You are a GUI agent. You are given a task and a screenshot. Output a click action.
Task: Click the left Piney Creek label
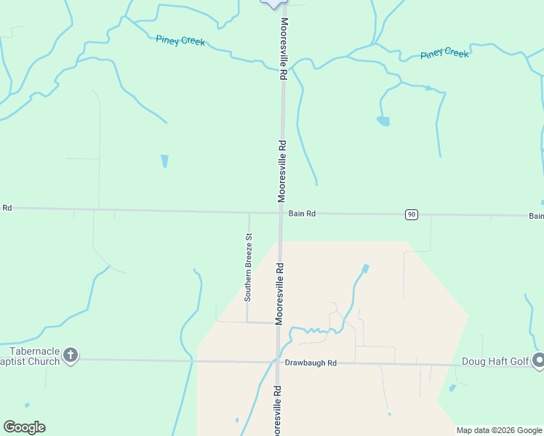(180, 41)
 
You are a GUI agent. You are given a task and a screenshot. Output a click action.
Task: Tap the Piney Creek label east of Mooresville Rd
(444, 53)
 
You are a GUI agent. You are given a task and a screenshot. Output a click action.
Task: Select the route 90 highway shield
(412, 214)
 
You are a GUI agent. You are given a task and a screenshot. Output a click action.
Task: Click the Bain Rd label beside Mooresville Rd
(302, 214)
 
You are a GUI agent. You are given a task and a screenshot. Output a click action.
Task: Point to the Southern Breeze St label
(248, 267)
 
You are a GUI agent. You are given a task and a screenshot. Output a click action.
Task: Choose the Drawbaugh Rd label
(311, 363)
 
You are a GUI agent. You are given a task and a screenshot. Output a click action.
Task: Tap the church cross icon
(70, 355)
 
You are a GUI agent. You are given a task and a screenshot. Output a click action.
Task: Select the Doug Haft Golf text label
(495, 362)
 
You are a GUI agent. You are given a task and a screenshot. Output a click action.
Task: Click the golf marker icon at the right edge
(538, 360)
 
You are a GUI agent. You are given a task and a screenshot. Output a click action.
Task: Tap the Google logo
(24, 427)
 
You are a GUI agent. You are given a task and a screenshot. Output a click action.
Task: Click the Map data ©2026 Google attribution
(500, 430)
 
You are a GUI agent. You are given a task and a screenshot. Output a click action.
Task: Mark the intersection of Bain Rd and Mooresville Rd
(281, 213)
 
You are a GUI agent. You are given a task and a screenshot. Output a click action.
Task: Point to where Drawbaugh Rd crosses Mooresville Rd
(278, 362)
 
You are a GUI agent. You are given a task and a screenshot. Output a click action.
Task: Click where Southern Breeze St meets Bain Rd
(249, 213)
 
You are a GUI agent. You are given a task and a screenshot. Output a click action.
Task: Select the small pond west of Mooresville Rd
(164, 161)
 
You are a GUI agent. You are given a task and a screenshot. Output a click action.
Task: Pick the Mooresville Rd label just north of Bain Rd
(281, 171)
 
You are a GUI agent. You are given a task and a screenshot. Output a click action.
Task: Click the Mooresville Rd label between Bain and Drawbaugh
(279, 294)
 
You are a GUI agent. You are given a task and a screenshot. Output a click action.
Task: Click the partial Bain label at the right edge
(535, 216)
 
